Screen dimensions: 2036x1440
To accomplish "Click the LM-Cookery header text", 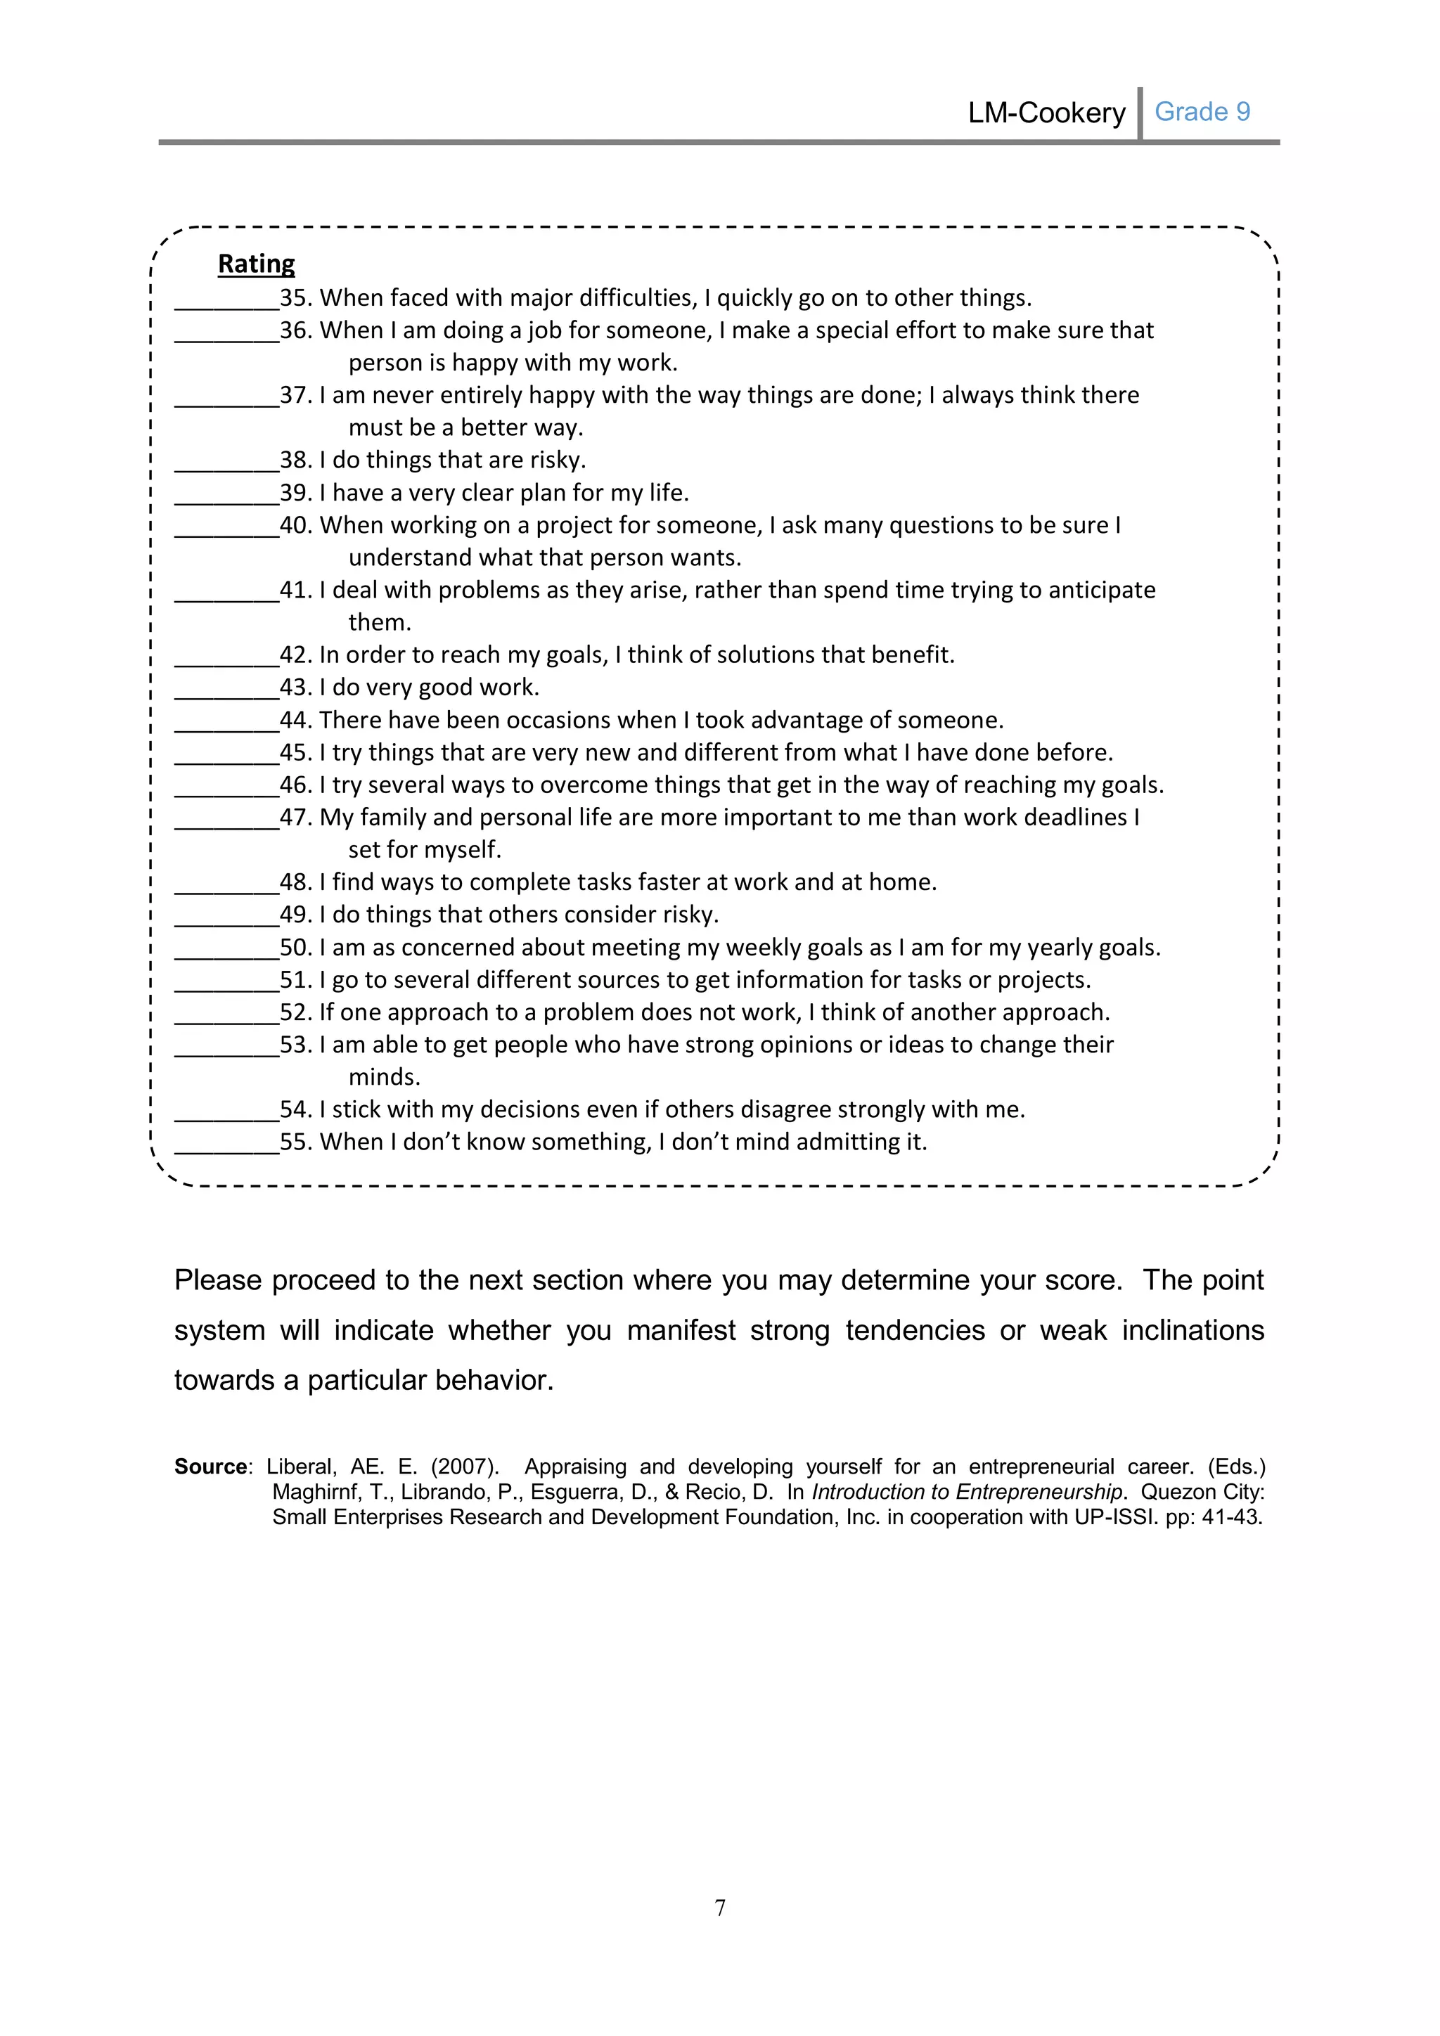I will [1046, 113].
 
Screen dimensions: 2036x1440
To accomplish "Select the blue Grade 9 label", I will [1202, 112].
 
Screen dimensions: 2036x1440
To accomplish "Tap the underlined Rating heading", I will [256, 264].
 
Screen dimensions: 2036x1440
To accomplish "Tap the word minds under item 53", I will [383, 1078].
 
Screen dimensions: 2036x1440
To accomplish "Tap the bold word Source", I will [211, 1467].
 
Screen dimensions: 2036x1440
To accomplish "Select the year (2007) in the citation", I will [465, 1467].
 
